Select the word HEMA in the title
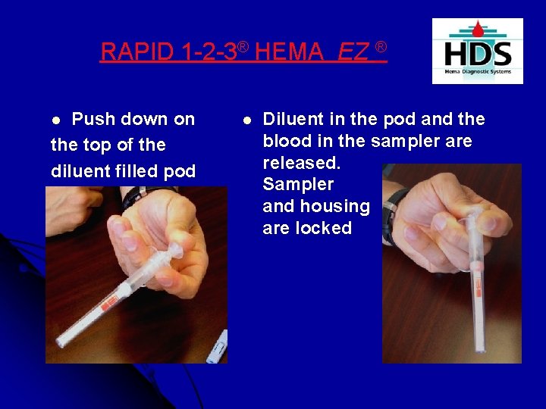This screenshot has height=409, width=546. pyautogui.click(x=289, y=52)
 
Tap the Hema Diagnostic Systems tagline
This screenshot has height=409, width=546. pyautogui.click(x=478, y=72)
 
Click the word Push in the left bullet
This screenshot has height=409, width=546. pyautogui.click(x=93, y=120)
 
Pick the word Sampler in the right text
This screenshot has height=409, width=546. pyautogui.click(x=298, y=185)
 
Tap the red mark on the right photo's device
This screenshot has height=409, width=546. pyautogui.click(x=478, y=289)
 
